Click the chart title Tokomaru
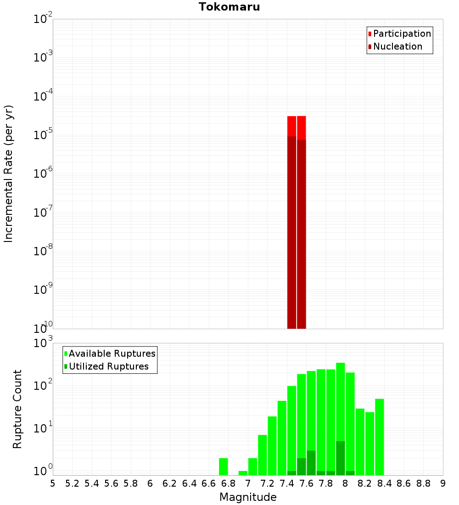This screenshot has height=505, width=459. point(229,7)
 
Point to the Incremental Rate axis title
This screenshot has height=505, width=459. point(9,174)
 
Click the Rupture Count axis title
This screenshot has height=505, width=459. point(17,409)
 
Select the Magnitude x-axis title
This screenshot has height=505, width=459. point(248,497)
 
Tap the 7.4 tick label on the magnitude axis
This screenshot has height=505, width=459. point(287,483)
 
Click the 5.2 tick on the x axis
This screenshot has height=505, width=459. point(72,483)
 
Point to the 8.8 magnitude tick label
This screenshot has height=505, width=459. point(423,483)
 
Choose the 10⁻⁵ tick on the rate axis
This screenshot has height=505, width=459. point(43,135)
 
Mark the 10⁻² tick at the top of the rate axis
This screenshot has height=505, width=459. point(43,19)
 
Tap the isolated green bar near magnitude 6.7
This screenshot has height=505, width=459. point(224,466)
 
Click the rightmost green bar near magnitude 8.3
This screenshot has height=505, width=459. point(379,436)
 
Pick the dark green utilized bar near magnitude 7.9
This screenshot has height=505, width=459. point(340,458)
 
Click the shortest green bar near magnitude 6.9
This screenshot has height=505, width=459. point(243,473)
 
